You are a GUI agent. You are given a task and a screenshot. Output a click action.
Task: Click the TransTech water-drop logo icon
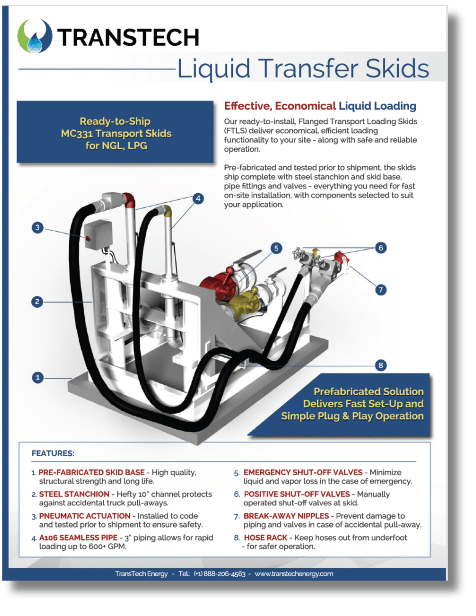click(x=35, y=36)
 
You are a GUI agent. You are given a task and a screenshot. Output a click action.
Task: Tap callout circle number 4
click(x=198, y=199)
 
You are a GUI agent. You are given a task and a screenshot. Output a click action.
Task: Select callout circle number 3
click(x=38, y=228)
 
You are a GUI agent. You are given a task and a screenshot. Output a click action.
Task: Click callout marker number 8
click(x=381, y=365)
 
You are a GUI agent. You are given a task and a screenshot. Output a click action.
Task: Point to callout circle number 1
click(x=38, y=377)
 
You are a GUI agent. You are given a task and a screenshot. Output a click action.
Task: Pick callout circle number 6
click(x=381, y=248)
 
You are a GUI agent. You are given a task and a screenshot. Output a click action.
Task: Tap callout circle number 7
click(x=381, y=290)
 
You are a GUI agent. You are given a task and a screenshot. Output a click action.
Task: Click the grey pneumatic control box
click(x=98, y=235)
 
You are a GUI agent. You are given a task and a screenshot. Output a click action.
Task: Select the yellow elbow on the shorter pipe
click(x=167, y=211)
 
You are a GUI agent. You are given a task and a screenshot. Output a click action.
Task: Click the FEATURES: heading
click(x=53, y=453)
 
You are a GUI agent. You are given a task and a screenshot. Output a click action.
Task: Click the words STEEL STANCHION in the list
click(x=74, y=494)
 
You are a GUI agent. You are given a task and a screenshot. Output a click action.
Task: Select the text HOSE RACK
click(x=265, y=537)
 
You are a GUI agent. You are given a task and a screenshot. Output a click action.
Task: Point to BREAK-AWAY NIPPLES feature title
click(x=286, y=516)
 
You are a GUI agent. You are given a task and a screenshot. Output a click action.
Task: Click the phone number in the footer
click(x=219, y=574)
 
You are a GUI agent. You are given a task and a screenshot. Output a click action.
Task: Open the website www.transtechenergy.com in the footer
click(x=294, y=574)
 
